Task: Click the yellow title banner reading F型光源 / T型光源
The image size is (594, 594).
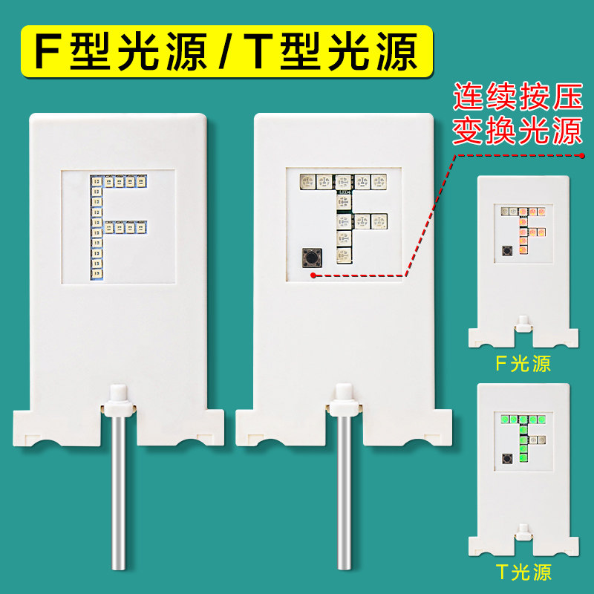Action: pyautogui.click(x=227, y=51)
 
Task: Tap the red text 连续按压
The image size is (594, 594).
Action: pyautogui.click(x=518, y=97)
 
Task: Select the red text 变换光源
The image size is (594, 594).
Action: pyautogui.click(x=518, y=131)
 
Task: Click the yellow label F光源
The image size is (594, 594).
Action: pyautogui.click(x=523, y=364)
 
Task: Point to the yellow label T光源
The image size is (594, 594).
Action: pyautogui.click(x=523, y=572)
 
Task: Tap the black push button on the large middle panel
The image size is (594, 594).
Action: pyautogui.click(x=312, y=258)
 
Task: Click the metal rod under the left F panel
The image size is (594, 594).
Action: pyautogui.click(x=119, y=492)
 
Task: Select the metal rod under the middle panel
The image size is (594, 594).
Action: pyautogui.click(x=345, y=492)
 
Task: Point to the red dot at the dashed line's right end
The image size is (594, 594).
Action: pyautogui.click(x=582, y=155)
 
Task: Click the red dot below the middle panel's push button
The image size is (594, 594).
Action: pyautogui.click(x=313, y=275)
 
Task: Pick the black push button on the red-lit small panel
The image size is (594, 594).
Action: pyautogui.click(x=507, y=250)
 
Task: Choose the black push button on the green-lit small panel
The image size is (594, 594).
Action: pyautogui.click(x=507, y=458)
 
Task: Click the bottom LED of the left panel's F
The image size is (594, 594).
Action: pyautogui.click(x=97, y=273)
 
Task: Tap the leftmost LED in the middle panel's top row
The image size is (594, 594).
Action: pyautogui.click(x=307, y=182)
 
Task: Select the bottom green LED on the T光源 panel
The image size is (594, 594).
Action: pyautogui.click(x=523, y=458)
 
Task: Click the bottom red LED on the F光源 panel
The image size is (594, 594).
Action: pyautogui.click(x=523, y=250)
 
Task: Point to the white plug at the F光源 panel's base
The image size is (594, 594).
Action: pyautogui.click(x=523, y=324)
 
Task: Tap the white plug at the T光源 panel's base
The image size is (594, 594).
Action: pyautogui.click(x=523, y=532)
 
